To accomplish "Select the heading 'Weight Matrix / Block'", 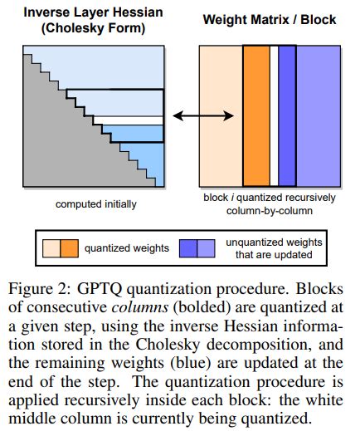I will [269, 17].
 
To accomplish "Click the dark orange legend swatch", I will [69, 247].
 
